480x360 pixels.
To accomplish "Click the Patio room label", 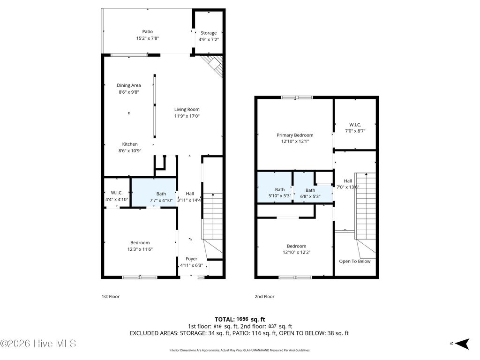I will pos(148,32).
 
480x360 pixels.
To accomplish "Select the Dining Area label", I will pos(129,85).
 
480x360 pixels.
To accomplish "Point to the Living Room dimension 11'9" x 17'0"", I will pos(187,116).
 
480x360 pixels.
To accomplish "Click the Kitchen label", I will pos(130,144).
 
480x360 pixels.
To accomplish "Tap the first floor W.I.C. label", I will pos(117,193).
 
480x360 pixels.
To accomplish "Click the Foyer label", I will pos(191,259).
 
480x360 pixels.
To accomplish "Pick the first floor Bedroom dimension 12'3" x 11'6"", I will pos(140,249).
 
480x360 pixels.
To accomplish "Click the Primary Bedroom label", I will pos(295,135).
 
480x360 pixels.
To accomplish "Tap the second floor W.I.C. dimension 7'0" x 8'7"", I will pos(355,131).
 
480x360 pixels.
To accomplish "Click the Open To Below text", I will pos(355,261).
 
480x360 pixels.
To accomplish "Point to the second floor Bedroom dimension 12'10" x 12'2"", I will pos(296,252).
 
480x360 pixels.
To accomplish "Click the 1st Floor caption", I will pos(111,296).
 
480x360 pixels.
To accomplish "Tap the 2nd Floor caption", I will pos(265,296).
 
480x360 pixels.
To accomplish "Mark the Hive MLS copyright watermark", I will pos(38,344).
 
